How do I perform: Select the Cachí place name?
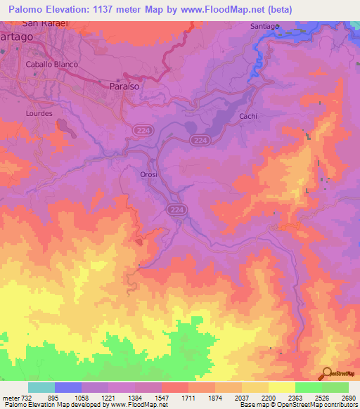(247, 116)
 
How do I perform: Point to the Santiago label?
(264, 26)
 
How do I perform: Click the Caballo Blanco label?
(51, 64)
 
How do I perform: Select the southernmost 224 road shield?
(176, 209)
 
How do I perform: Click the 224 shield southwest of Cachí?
(199, 141)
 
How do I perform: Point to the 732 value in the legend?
(27, 398)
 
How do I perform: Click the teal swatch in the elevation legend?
(41, 387)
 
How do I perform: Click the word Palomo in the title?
(27, 9)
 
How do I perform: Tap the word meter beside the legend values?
(11, 398)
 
